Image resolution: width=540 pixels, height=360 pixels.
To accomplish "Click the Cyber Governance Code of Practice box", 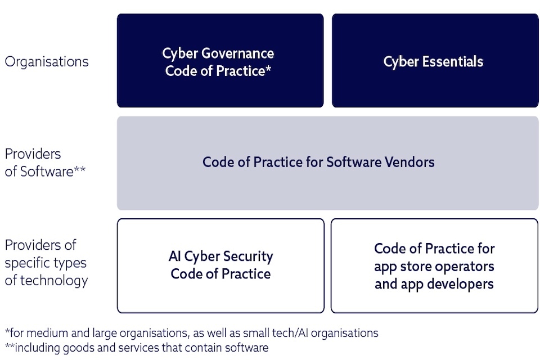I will click(x=220, y=61).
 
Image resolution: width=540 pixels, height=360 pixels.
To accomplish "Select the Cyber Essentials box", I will click(x=435, y=61).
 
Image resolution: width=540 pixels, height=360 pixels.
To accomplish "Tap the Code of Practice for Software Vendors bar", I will click(x=328, y=163).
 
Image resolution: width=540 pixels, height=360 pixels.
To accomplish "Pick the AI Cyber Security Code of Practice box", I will click(x=220, y=265).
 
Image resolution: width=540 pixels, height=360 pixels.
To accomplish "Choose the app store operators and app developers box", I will click(x=434, y=265).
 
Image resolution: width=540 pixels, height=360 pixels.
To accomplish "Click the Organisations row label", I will click(x=47, y=61).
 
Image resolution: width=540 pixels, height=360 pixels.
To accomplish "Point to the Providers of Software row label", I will click(x=45, y=163).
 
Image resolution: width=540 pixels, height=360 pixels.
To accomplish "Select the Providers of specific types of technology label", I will click(x=46, y=263).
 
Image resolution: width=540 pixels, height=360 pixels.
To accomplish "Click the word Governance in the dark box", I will click(x=238, y=53).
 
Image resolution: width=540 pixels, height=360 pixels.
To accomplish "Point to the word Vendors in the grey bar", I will click(x=410, y=163).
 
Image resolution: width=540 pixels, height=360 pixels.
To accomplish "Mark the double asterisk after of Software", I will click(x=80, y=170).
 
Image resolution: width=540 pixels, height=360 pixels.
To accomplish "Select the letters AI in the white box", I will click(x=175, y=256).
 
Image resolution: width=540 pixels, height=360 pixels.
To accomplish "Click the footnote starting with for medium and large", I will click(x=191, y=332).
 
